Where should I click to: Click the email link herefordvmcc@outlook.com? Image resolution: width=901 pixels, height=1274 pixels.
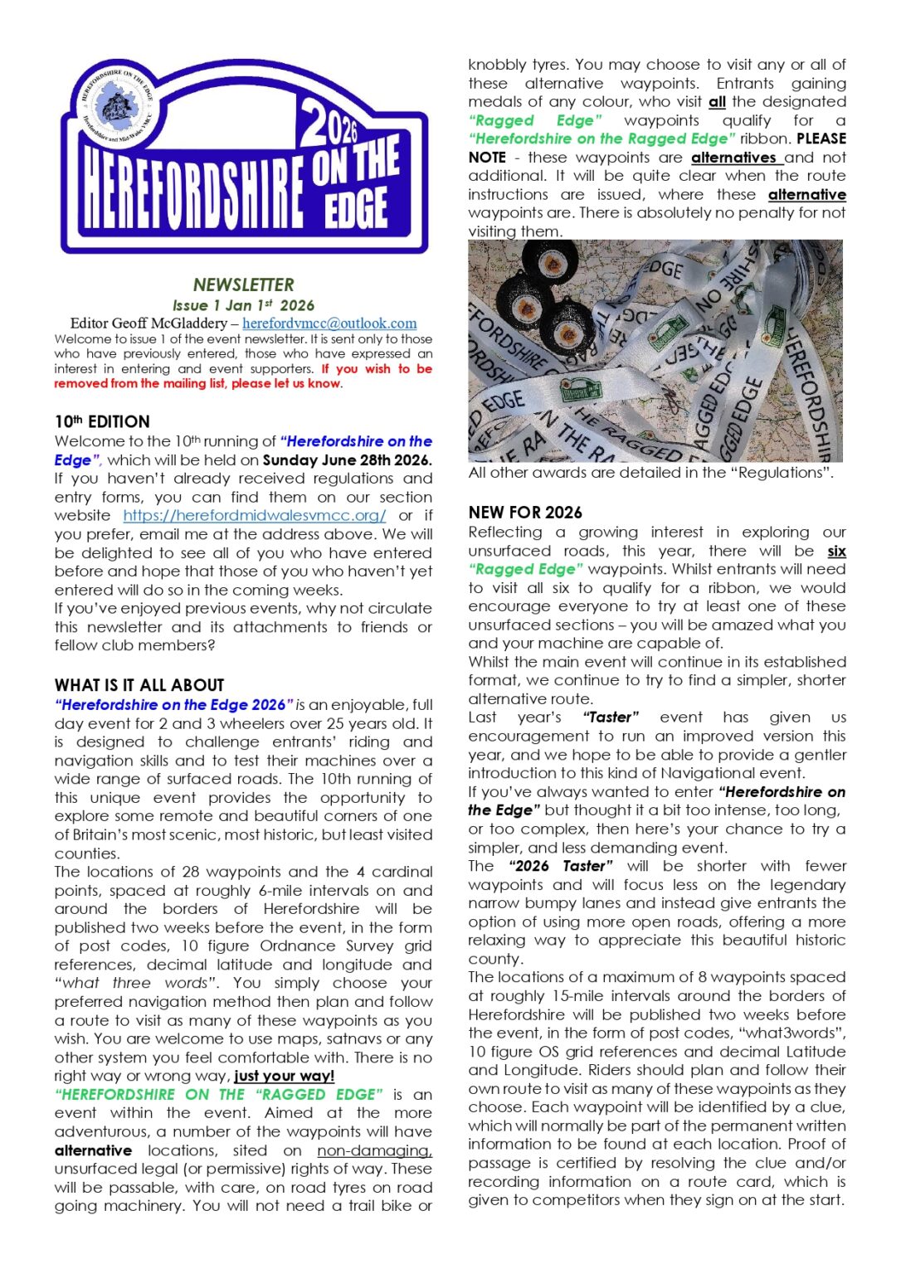329,323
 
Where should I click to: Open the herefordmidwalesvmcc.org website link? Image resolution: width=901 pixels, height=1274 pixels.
254,515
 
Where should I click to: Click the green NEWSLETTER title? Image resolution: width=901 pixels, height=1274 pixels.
243,284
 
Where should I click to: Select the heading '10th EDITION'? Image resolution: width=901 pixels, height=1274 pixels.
102,421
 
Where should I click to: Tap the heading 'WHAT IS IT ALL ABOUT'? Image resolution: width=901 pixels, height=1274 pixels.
139,685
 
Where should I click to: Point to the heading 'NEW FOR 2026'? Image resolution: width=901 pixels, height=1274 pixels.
525,513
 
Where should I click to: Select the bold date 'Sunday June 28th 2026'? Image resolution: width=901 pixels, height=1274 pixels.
347,460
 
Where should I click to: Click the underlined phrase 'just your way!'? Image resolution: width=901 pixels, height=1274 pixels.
285,1076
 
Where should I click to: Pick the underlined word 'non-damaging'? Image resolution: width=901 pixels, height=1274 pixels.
374,1150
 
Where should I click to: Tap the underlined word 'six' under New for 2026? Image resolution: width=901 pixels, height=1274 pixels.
836,551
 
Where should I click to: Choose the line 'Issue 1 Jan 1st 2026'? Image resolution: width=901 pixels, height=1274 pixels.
243,305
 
